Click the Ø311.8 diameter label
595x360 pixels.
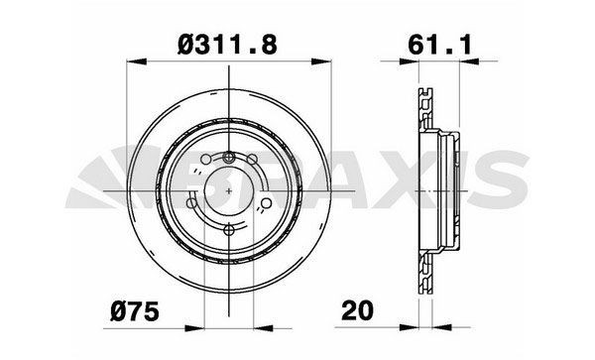228,44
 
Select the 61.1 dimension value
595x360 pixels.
431,44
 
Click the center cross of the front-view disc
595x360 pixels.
229,189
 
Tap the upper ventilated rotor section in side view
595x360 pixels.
424,109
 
